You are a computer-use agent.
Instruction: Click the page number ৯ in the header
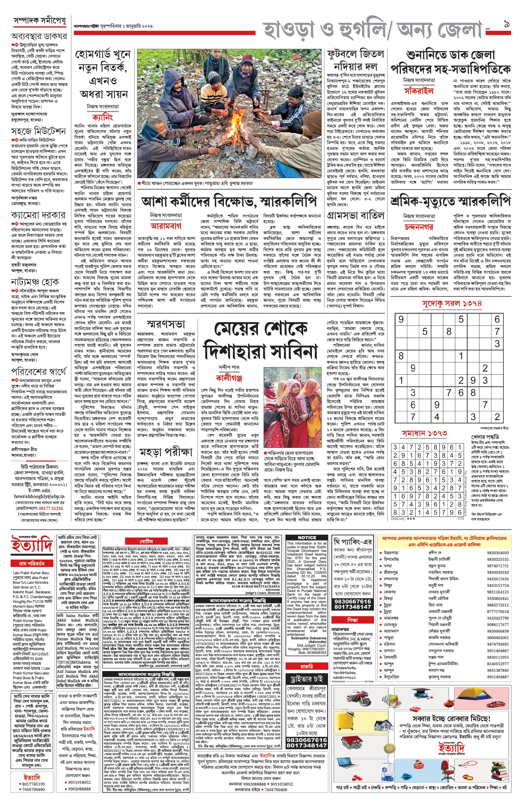[507, 24]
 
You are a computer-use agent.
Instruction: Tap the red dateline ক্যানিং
[102, 118]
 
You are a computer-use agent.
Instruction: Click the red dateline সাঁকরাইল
[419, 91]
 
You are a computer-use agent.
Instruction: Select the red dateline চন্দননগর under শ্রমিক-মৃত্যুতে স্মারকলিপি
[419, 227]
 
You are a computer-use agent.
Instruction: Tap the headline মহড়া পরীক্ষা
[166, 452]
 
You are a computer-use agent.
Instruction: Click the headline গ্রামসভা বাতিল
[356, 216]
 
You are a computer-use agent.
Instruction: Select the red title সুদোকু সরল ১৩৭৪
[452, 304]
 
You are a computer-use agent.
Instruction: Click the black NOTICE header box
[307, 538]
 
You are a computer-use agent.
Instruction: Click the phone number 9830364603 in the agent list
[498, 553]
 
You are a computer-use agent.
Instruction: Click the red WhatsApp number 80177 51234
[50, 508]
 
